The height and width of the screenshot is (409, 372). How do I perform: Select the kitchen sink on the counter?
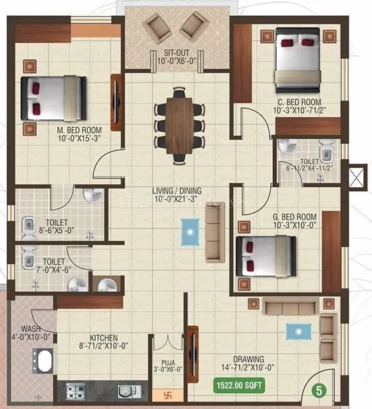pos(125,392)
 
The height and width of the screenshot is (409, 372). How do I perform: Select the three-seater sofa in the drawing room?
pos(289,306)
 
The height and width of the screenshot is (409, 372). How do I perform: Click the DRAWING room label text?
pos(248,358)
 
